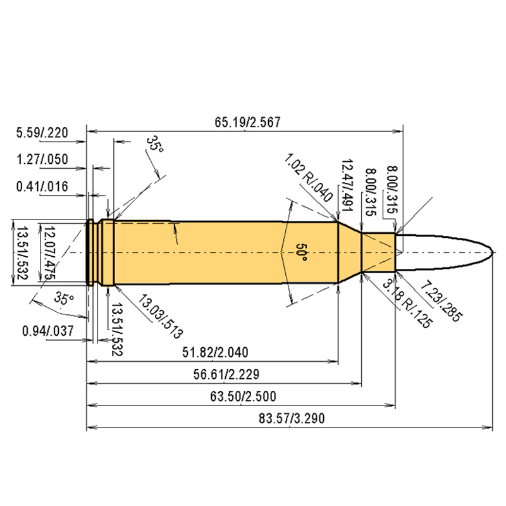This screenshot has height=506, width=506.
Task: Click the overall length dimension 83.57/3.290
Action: point(292,418)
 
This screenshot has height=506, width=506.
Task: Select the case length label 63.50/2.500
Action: point(243,397)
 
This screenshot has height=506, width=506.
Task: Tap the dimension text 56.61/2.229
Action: point(226,374)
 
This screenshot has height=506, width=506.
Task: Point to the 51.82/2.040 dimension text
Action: point(215,352)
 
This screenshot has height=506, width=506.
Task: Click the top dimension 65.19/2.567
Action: point(247,122)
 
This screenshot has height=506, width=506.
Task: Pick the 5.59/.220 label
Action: point(42,133)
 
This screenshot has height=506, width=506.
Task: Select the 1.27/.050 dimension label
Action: point(42,159)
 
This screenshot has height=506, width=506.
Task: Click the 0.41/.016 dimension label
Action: point(42,187)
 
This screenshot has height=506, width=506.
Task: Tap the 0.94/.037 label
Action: point(48,331)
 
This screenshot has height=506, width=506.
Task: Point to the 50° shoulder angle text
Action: point(301,252)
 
